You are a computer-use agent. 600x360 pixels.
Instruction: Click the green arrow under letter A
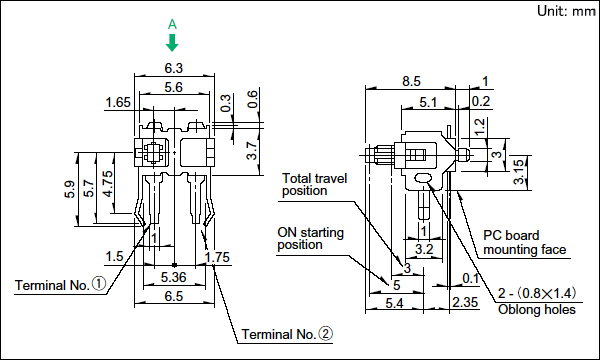point(172,43)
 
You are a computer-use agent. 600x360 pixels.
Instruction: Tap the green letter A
point(172,24)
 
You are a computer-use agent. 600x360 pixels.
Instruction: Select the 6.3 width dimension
point(174,68)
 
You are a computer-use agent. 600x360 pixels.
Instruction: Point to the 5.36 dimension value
point(174,277)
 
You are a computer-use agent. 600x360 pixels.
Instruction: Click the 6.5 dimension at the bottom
point(174,296)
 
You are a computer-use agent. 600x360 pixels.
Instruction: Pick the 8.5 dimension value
point(411,81)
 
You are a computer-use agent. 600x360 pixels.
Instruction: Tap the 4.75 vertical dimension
point(108,184)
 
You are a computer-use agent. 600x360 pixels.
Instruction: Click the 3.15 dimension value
point(518,172)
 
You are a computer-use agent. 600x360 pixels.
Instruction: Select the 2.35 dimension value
point(465,302)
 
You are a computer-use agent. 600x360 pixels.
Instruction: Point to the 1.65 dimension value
point(118,103)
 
